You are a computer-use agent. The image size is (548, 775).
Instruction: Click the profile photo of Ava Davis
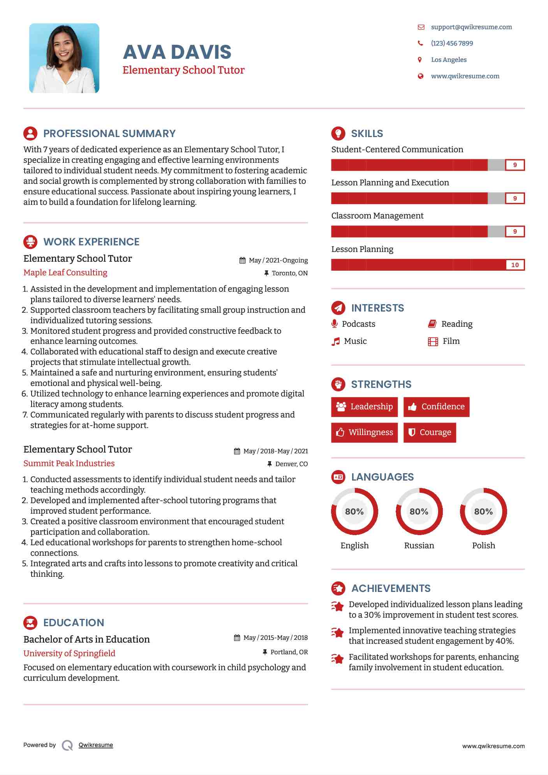tap(64, 58)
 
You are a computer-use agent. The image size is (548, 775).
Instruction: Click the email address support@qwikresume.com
tap(471, 27)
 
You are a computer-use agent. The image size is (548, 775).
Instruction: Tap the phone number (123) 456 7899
tap(452, 43)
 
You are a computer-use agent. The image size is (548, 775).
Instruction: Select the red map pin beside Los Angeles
tap(420, 60)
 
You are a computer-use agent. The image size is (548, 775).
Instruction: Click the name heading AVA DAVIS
tap(177, 52)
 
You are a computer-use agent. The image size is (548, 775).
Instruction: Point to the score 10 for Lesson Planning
tap(515, 265)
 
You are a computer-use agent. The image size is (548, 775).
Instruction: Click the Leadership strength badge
tap(365, 407)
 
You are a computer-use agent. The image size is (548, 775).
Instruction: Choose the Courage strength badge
tap(430, 432)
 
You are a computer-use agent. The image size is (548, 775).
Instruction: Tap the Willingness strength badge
tap(365, 432)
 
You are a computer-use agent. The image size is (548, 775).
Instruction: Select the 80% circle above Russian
tap(419, 511)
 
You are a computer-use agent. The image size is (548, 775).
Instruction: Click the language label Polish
tap(483, 545)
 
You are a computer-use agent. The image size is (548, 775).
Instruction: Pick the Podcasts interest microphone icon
tap(334, 324)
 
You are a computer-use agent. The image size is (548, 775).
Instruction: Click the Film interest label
tap(451, 341)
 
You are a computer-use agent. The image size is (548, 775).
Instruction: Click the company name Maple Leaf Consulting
tap(65, 273)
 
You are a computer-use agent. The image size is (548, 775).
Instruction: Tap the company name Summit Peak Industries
tap(69, 463)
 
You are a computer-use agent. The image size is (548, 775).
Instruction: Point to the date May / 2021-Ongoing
tap(278, 260)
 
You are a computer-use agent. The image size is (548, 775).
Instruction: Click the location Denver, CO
tap(291, 464)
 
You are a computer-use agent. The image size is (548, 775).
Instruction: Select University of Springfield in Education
tap(69, 653)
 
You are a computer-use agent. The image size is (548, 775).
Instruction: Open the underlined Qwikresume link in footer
tap(96, 745)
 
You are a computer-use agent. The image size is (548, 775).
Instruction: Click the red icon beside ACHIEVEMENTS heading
tap(338, 588)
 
